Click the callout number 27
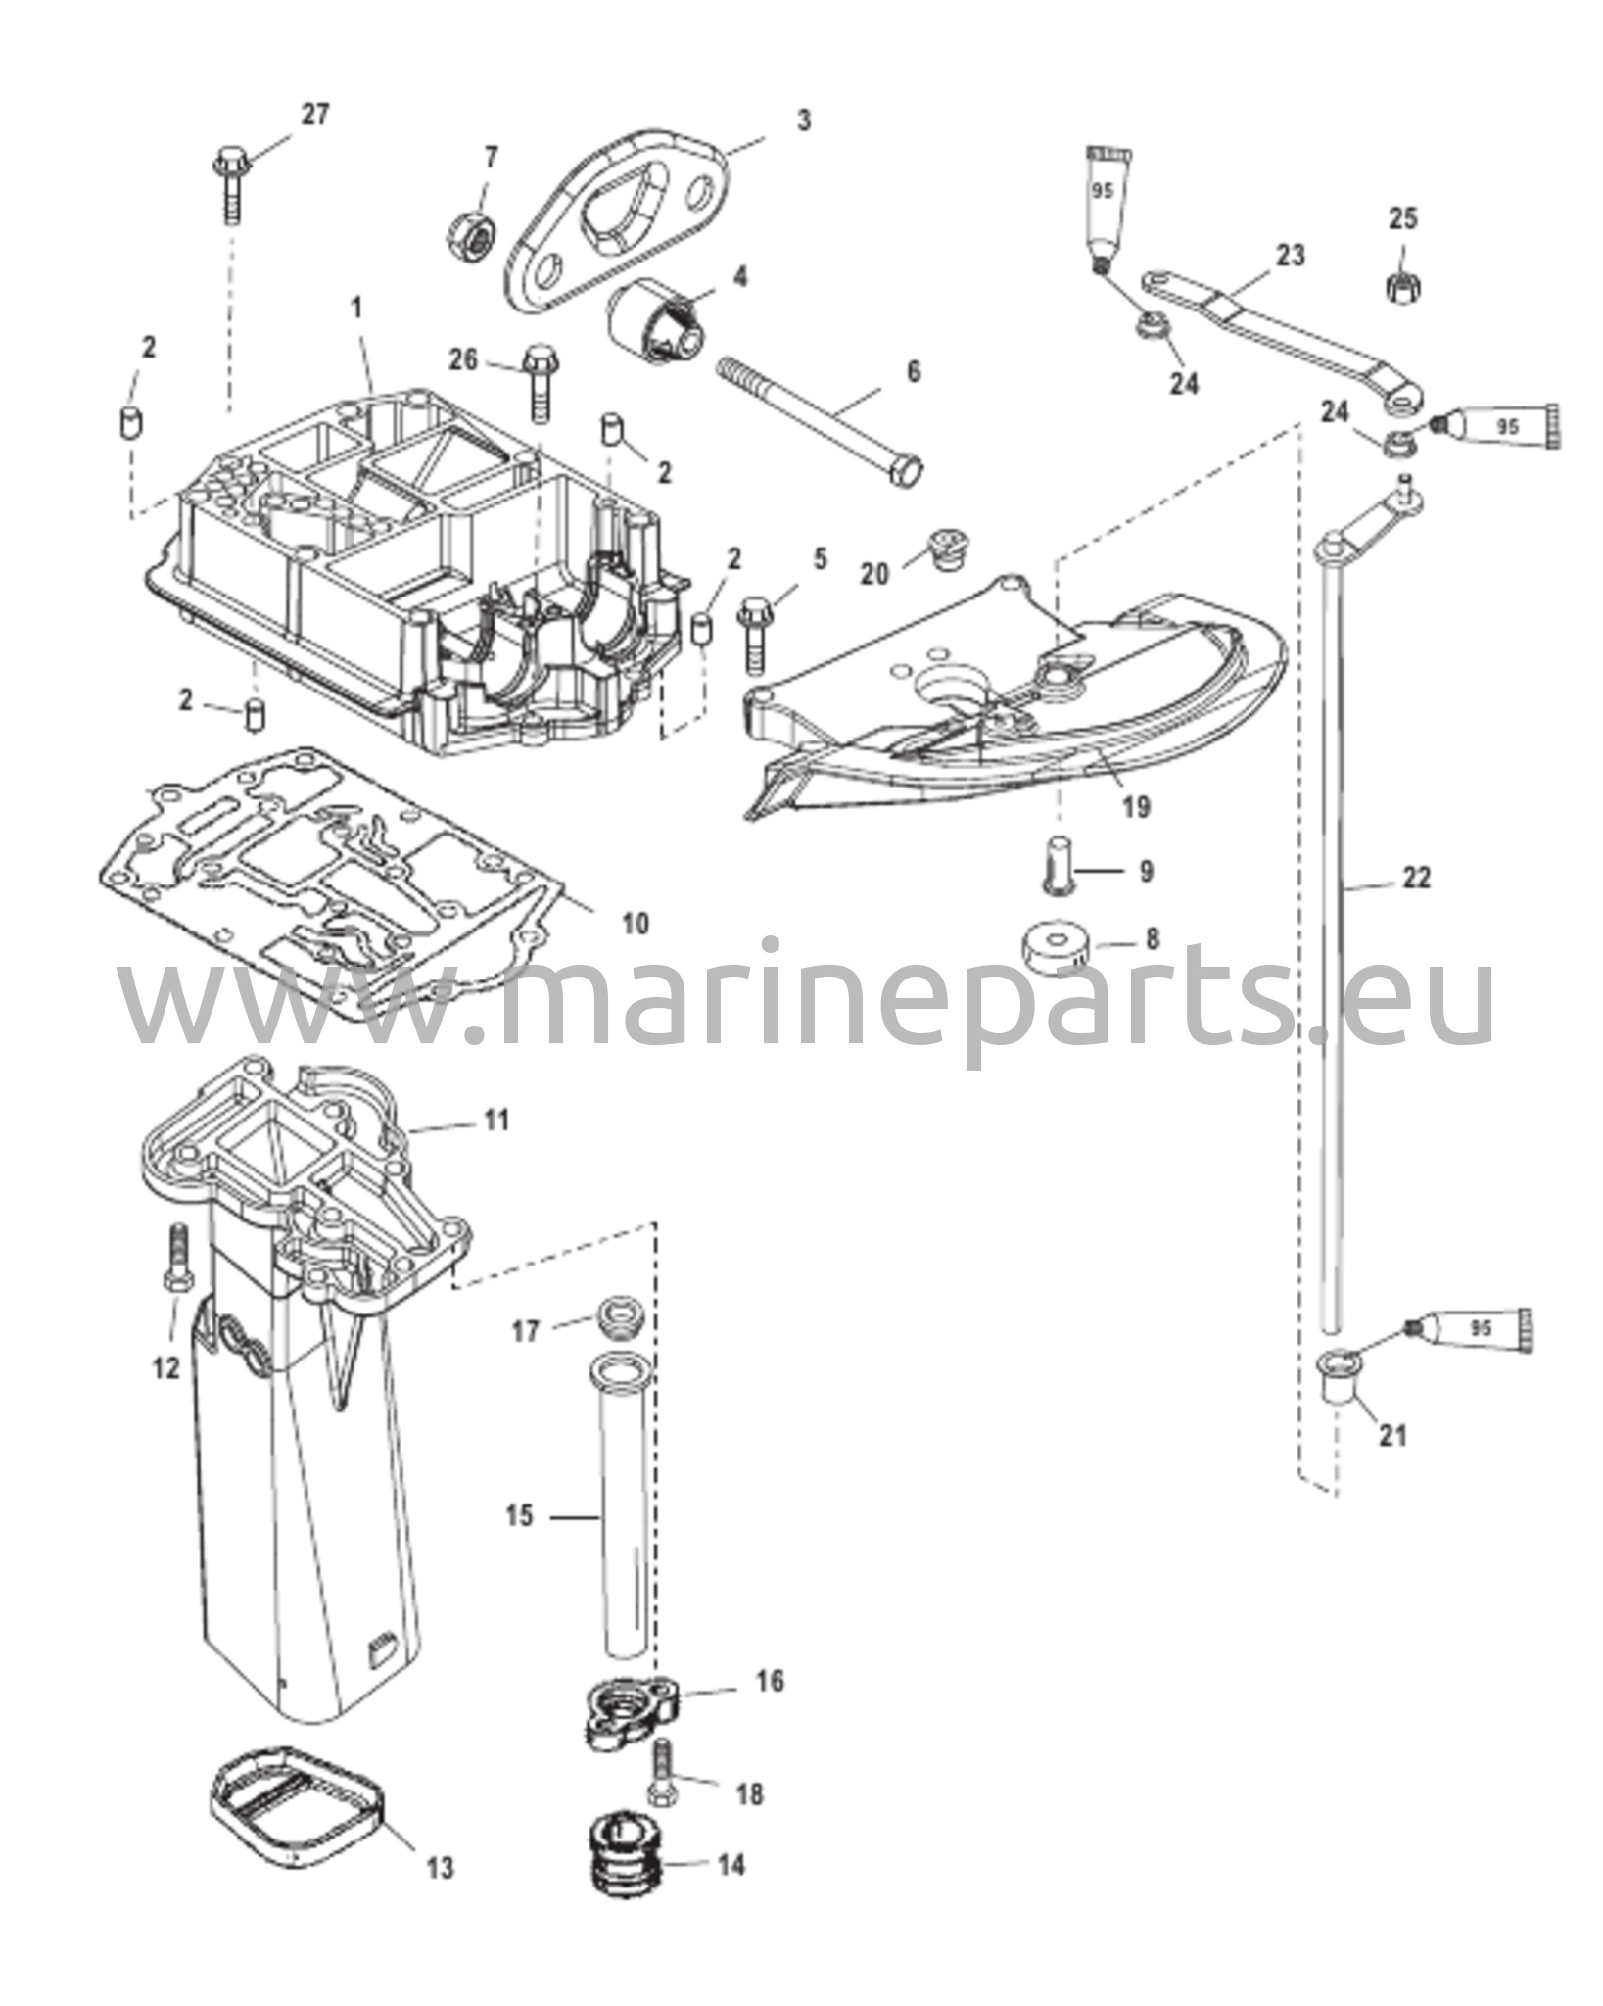click(314, 115)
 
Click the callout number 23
click(1291, 255)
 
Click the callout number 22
click(1416, 878)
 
